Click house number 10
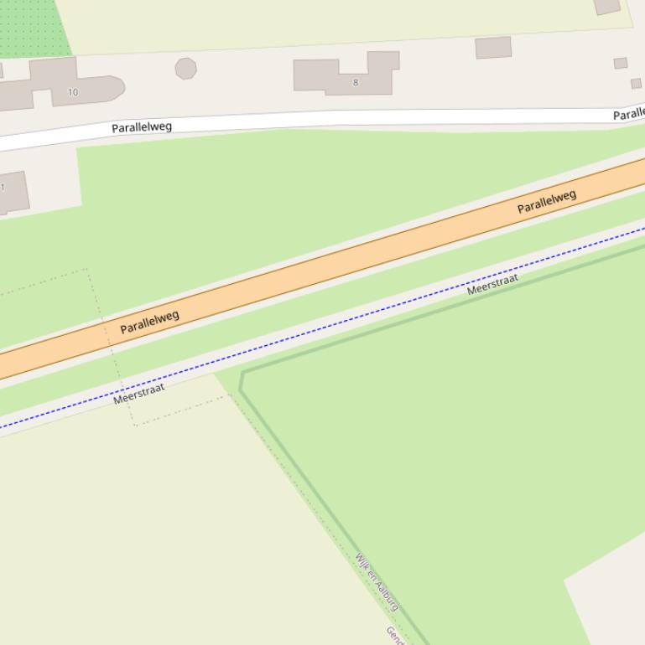point(73,92)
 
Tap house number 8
point(356,82)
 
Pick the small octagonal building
point(185,68)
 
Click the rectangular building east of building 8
point(493,48)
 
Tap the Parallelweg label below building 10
point(142,127)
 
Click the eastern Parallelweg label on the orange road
point(547,202)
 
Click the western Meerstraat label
point(139,394)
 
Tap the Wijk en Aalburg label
point(377,582)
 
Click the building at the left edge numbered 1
point(12,193)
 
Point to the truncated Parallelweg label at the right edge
point(629,114)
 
